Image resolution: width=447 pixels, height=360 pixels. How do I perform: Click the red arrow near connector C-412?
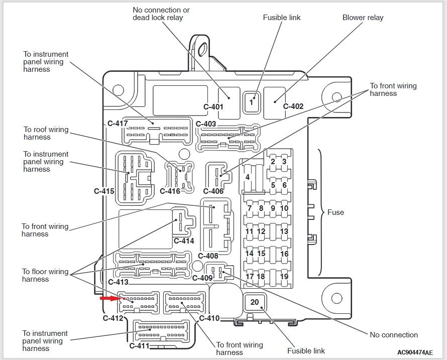111,298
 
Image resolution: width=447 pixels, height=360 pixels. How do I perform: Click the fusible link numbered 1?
251,102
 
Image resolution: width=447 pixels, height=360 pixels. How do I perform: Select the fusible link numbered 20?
255,302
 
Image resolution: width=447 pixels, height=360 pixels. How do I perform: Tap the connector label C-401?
213,107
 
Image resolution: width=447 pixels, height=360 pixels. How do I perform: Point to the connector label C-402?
293,106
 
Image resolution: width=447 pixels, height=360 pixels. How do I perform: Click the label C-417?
118,124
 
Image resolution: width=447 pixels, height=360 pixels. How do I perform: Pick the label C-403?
206,124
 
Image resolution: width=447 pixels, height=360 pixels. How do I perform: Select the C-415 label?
104,191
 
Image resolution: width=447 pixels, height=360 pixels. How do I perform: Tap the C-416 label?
170,191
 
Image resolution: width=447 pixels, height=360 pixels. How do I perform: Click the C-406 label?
213,191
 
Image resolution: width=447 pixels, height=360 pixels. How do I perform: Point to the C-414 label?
184,241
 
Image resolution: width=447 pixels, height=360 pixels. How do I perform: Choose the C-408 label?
208,256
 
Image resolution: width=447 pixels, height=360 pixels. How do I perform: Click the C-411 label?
139,346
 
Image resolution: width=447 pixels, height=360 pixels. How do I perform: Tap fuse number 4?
248,177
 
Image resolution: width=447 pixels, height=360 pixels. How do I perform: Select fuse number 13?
284,231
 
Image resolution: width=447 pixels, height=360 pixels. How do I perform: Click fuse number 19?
284,276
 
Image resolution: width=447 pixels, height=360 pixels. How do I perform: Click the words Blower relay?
363,18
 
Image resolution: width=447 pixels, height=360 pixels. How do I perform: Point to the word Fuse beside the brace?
336,212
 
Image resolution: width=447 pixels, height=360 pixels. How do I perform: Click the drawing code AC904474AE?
415,352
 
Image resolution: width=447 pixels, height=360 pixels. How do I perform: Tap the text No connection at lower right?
394,334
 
